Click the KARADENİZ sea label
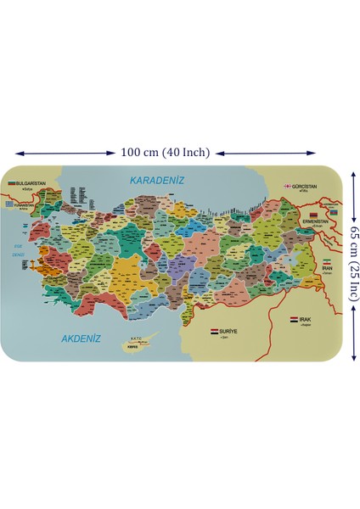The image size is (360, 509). tap(156, 180)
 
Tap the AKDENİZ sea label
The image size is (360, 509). tap(82, 338)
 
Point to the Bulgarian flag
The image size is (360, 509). tap(13, 183)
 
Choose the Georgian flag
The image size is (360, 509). tap(289, 186)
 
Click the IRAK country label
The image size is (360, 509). tap(307, 320)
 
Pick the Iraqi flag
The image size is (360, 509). tap(294, 320)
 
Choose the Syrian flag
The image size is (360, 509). tap(213, 330)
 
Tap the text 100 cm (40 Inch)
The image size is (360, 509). tap(164, 153)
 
